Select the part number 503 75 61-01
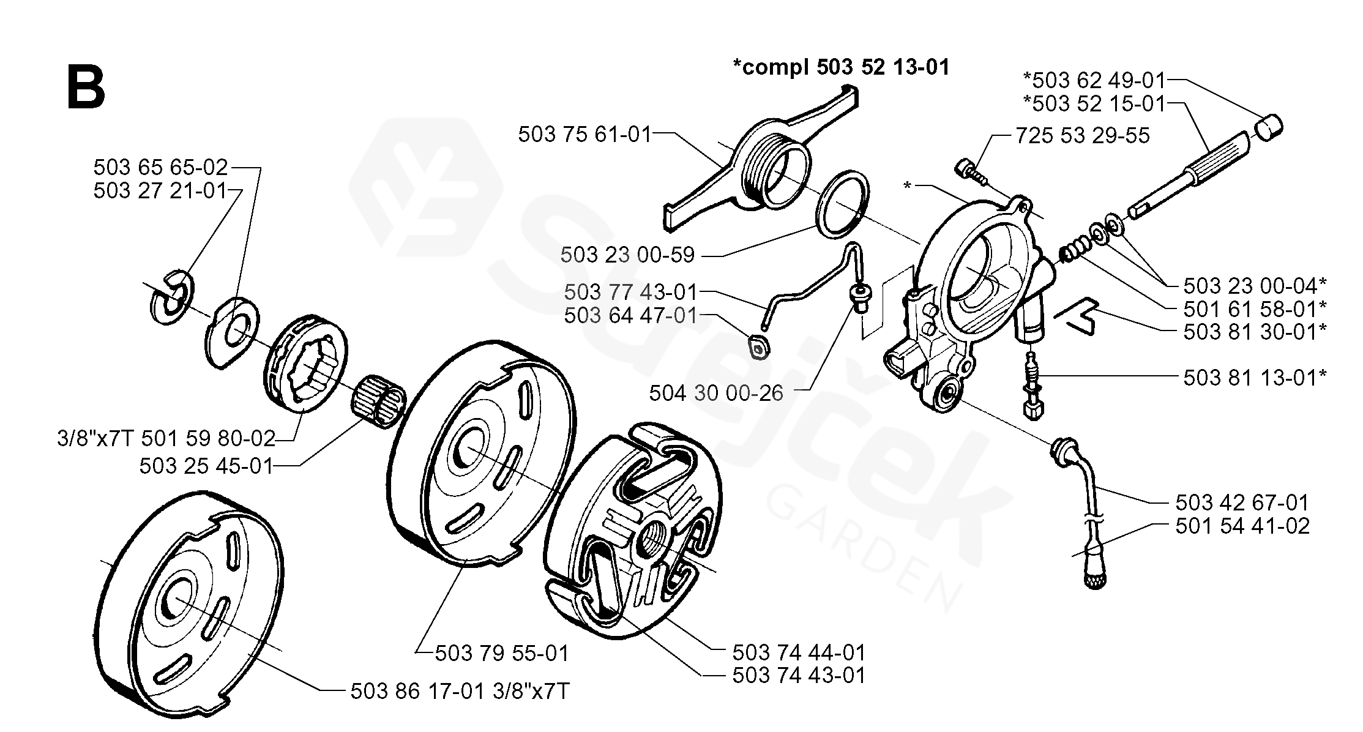click(585, 135)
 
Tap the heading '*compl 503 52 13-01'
click(841, 67)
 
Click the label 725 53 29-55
click(1082, 136)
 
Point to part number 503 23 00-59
click(627, 255)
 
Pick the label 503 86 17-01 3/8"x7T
click(460, 692)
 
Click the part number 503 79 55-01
click(502, 654)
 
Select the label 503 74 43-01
click(799, 676)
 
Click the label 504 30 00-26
click(716, 393)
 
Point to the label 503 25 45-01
click(206, 466)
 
